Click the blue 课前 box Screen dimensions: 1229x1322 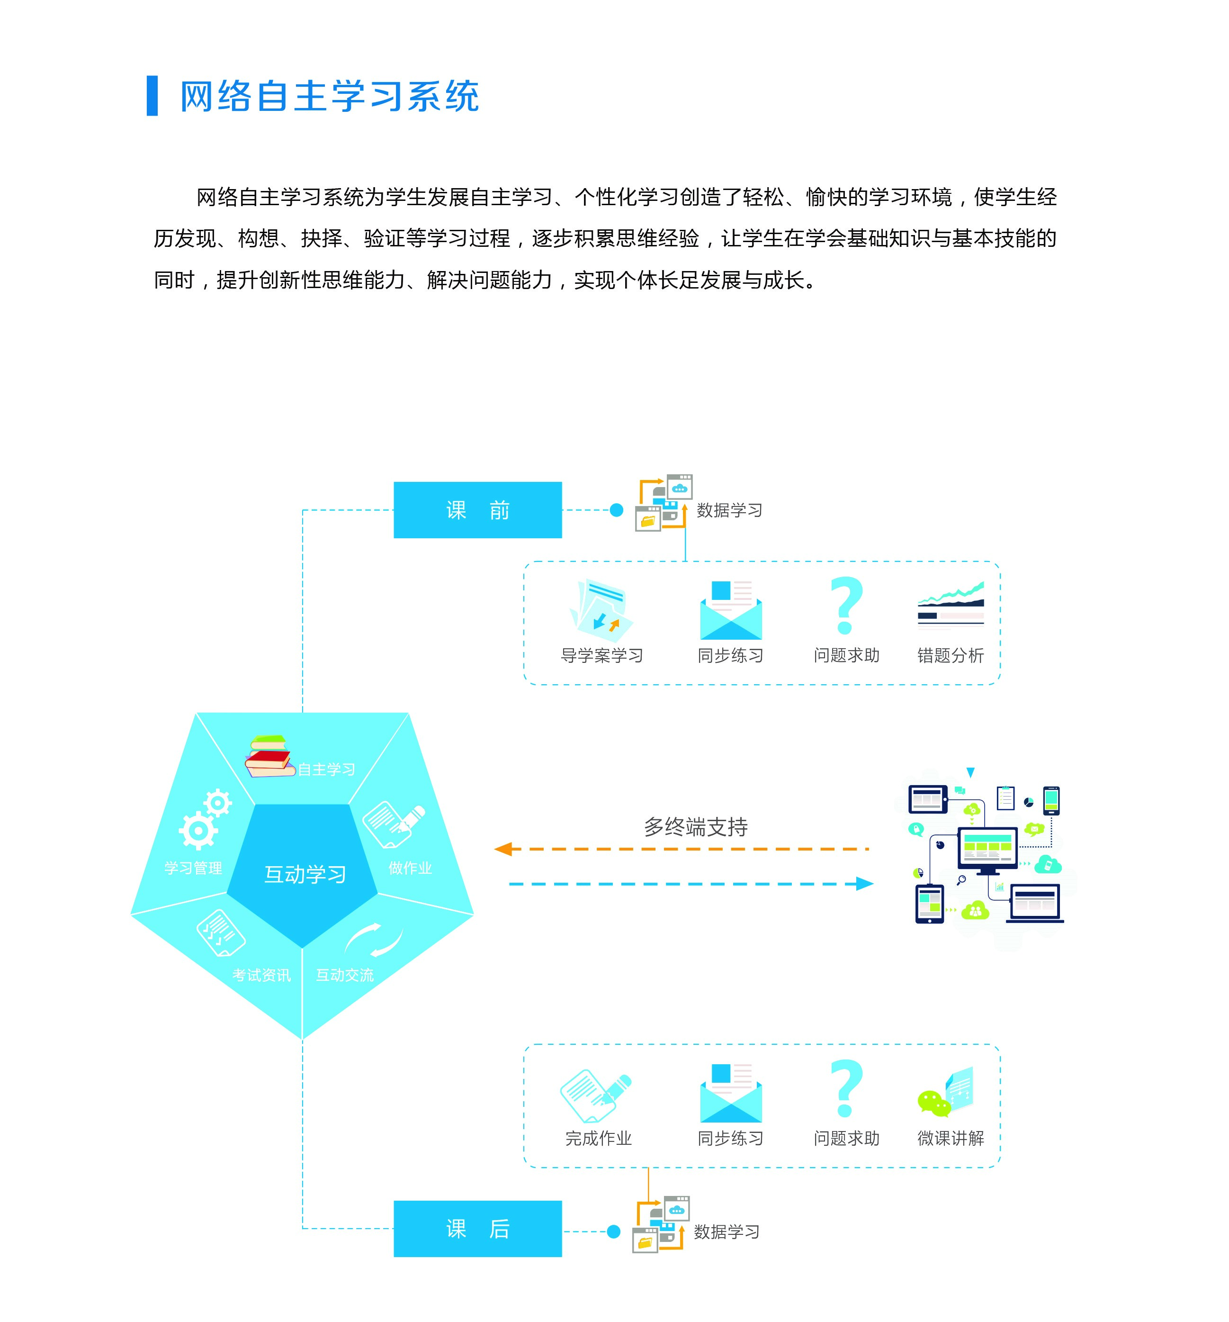[477, 509]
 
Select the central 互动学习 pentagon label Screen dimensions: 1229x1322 [305, 874]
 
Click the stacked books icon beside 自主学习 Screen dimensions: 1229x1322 [269, 757]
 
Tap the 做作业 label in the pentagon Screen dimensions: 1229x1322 [410, 868]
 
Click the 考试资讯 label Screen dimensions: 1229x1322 [261, 975]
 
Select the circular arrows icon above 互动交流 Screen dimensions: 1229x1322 [374, 939]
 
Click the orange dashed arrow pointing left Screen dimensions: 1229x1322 [682, 849]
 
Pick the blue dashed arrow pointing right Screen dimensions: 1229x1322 [691, 884]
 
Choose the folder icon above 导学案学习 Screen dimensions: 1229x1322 [601, 609]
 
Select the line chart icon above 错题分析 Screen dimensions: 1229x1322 [951, 605]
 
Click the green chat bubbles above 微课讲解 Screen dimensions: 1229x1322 [934, 1103]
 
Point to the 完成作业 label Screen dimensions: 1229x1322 [598, 1139]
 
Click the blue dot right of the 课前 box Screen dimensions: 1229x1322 [616, 510]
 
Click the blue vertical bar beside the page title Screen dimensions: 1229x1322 [152, 96]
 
